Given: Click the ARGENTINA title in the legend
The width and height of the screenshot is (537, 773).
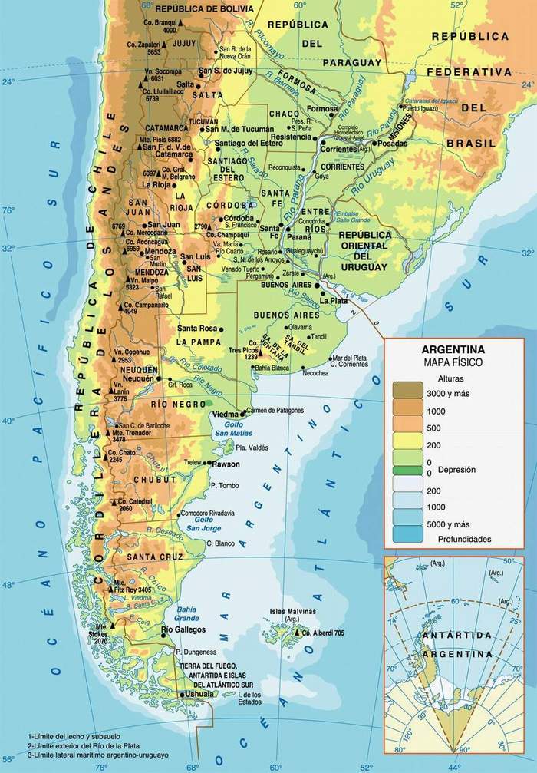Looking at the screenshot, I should (453, 349).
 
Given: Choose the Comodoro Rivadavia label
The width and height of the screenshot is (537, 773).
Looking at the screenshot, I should (216, 513).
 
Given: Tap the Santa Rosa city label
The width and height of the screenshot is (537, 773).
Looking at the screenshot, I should (197, 329).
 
